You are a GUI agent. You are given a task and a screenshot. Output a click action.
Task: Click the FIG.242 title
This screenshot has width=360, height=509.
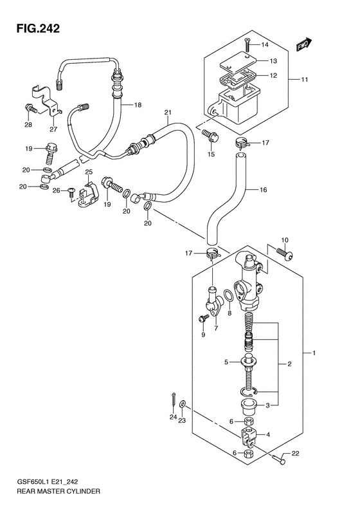click(39, 28)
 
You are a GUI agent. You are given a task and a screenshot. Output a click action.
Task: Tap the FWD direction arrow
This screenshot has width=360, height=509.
click(303, 45)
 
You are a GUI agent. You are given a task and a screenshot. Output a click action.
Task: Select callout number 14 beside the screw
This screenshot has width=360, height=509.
click(265, 45)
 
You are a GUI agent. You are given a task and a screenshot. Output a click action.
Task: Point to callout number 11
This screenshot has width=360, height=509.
click(304, 80)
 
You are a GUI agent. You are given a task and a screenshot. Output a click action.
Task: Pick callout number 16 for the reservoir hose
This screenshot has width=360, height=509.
click(263, 189)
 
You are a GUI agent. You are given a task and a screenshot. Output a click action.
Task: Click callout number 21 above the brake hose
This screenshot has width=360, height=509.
click(167, 113)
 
